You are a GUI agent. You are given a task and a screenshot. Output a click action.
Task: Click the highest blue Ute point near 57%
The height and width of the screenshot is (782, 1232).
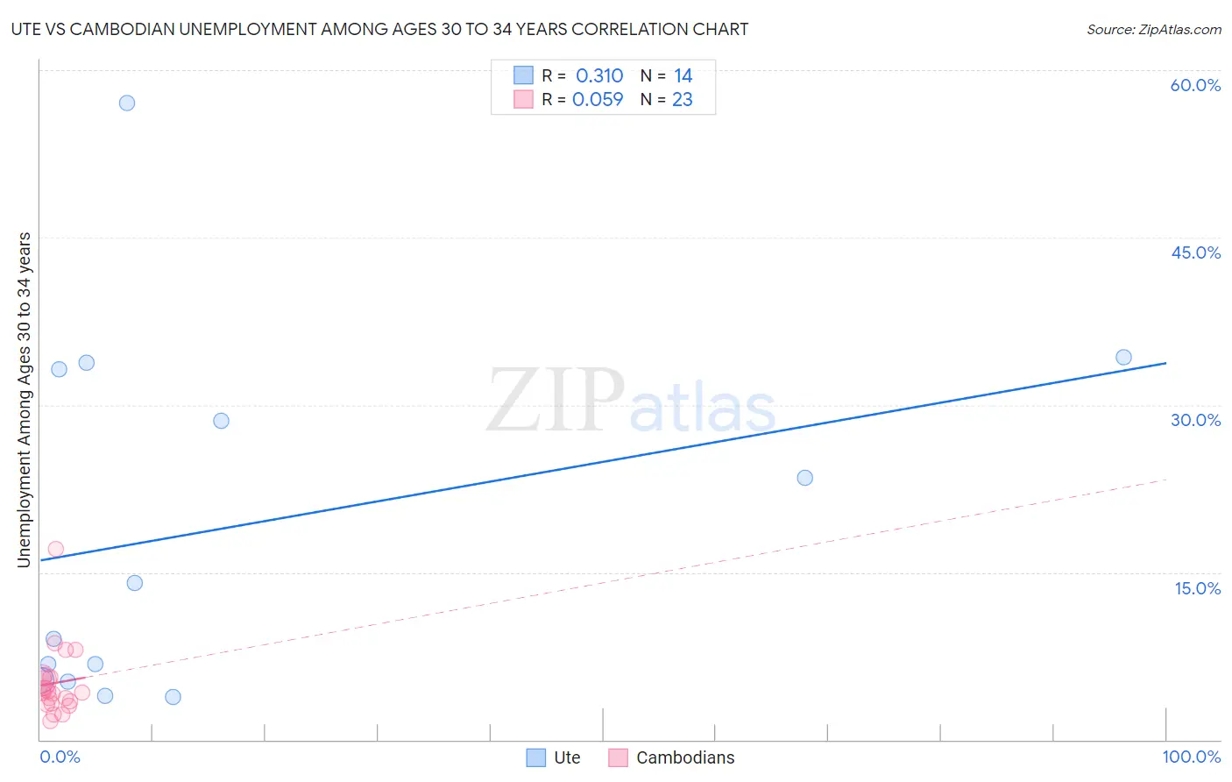(127, 103)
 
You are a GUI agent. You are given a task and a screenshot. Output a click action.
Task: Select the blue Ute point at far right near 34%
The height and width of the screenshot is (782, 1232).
(1123, 357)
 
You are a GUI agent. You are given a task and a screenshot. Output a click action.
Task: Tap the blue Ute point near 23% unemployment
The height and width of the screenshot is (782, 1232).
(804, 478)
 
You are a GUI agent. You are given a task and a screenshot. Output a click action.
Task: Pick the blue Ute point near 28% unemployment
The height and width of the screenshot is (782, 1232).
(221, 421)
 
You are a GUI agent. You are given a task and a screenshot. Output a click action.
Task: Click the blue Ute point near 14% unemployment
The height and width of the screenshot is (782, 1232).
(134, 583)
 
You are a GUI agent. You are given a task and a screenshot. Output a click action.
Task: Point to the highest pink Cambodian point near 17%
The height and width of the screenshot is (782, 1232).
(55, 549)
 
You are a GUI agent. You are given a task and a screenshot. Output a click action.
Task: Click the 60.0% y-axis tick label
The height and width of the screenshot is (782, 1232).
(1195, 85)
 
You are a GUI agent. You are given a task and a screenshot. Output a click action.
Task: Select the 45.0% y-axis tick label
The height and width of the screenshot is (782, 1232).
(1195, 252)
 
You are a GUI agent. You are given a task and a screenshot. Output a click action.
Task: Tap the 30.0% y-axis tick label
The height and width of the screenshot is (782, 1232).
(1195, 420)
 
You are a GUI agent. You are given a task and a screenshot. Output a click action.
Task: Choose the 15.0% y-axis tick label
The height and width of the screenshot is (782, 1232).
(1197, 588)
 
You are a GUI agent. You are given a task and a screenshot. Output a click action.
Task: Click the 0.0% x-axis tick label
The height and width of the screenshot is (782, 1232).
(60, 757)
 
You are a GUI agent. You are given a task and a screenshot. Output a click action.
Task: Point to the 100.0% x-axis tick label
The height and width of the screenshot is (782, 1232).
(1191, 757)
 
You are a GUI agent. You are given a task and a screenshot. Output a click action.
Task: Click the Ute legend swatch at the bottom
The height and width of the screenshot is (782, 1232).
(535, 757)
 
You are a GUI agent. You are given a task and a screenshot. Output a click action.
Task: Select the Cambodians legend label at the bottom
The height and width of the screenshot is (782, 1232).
(685, 757)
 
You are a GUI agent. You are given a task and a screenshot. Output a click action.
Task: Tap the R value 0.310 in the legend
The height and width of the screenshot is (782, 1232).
(599, 75)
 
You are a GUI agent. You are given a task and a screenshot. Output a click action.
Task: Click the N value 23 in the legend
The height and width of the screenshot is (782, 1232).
(682, 99)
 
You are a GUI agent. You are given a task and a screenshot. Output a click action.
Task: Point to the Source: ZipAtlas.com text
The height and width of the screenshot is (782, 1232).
(1153, 29)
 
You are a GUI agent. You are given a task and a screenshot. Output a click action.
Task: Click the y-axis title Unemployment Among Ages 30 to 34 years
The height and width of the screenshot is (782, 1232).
(25, 400)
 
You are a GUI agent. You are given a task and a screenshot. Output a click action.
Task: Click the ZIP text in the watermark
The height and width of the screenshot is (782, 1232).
(556, 401)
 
